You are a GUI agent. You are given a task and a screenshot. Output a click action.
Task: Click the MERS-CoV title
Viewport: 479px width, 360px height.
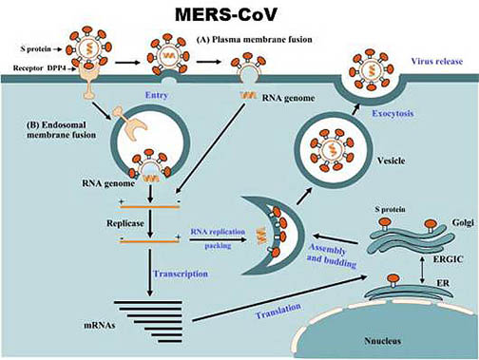pyautogui.click(x=226, y=15)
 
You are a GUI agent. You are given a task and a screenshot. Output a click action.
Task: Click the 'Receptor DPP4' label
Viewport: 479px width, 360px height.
pyautogui.click(x=40, y=68)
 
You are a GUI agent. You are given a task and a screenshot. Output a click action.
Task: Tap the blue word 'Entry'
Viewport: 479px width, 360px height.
pyautogui.click(x=157, y=95)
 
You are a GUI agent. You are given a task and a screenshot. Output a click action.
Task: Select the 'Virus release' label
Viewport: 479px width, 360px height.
pyautogui.click(x=437, y=61)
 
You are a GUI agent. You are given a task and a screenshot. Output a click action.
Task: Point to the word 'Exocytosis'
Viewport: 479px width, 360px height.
pyautogui.click(x=393, y=113)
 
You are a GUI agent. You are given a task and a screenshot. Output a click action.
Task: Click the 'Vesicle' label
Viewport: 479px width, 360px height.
pyautogui.click(x=391, y=161)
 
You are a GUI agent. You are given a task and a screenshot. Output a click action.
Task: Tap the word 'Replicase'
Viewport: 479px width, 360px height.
pyautogui.click(x=125, y=223)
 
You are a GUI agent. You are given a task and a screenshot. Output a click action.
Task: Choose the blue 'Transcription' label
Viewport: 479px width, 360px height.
pyautogui.click(x=181, y=274)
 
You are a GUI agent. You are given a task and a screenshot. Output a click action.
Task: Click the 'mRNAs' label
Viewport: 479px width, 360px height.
pyautogui.click(x=100, y=325)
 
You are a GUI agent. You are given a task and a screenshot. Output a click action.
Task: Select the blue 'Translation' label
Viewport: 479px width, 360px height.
pyautogui.click(x=278, y=311)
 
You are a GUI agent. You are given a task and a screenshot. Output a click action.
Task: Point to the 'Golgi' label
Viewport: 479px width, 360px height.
pyautogui.click(x=463, y=222)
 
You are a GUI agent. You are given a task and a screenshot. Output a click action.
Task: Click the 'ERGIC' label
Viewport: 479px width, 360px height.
pyautogui.click(x=448, y=259)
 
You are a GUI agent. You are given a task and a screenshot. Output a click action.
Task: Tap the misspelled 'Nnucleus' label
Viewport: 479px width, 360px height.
pyautogui.click(x=382, y=341)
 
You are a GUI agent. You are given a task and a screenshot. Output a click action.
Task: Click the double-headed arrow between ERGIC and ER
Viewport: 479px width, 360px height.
pyautogui.click(x=422, y=270)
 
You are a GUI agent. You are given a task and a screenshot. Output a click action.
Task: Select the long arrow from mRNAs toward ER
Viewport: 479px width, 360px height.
pyautogui.click(x=279, y=298)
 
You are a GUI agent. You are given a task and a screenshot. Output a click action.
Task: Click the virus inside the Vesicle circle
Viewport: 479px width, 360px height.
pyautogui.click(x=333, y=150)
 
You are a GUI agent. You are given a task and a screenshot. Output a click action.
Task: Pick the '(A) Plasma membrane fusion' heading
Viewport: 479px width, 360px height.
pyautogui.click(x=255, y=40)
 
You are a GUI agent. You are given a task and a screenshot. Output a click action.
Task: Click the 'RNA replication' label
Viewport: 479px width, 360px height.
pyautogui.click(x=218, y=232)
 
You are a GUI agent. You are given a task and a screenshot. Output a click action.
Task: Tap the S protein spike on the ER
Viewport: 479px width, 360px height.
pyautogui.click(x=393, y=280)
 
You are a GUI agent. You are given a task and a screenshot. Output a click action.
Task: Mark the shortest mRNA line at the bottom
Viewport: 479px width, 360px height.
pyautogui.click(x=170, y=341)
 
